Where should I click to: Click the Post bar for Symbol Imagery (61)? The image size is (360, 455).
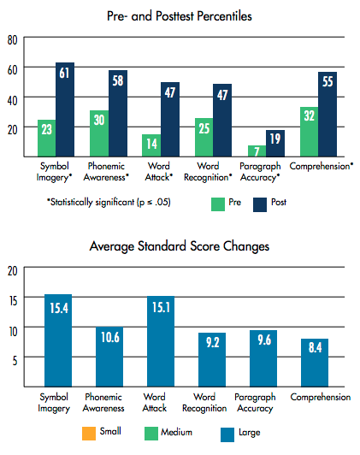[x=65, y=109]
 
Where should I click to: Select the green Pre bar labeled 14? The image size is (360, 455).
[x=151, y=145]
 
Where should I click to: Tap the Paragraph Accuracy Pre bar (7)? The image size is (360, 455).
[x=257, y=151]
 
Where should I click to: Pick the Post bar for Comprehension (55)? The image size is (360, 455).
[x=328, y=115]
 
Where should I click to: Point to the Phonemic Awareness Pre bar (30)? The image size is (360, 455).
[x=99, y=133]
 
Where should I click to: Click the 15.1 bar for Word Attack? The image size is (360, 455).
[x=161, y=341]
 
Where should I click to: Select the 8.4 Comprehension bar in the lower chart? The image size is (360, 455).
[x=315, y=363]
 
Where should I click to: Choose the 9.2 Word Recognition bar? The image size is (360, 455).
[x=212, y=360]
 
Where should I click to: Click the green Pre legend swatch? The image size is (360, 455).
[x=218, y=204]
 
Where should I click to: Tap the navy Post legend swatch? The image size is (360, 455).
[x=260, y=204]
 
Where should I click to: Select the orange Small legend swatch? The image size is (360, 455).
[x=89, y=434]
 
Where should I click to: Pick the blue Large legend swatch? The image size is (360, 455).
[x=227, y=434]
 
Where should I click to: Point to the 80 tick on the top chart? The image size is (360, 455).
[x=13, y=40]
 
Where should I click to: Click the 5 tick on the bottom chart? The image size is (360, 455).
[x=15, y=361]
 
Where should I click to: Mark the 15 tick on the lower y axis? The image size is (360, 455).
[x=13, y=301]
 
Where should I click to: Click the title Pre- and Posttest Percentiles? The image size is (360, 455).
[x=180, y=16]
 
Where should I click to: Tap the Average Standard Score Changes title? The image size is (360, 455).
[x=180, y=246]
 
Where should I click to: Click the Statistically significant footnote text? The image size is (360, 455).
[x=109, y=202]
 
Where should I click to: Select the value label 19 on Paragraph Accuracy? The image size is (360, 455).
[x=275, y=139]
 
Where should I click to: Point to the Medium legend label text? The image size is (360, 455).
[x=176, y=432]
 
